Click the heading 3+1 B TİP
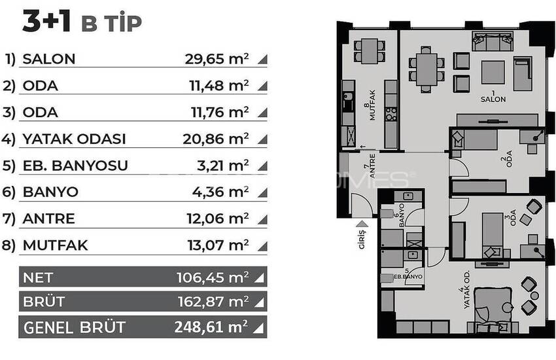pyautogui.click(x=82, y=22)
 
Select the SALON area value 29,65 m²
pyautogui.click(x=217, y=59)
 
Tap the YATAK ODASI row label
pyautogui.click(x=74, y=139)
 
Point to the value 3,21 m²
pyautogui.click(x=217, y=166)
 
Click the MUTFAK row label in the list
pyautogui.click(x=55, y=245)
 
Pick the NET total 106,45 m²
pyautogui.click(x=212, y=278)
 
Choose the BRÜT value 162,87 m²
pyautogui.click(x=212, y=302)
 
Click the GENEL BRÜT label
pyautogui.click(x=74, y=327)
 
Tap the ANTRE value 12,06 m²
pyautogui.click(x=217, y=219)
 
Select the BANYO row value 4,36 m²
pyautogui.click(x=217, y=192)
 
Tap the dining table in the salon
pyautogui.click(x=426, y=69)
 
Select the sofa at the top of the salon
pyautogui.click(x=494, y=43)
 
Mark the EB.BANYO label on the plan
pyautogui.click(x=408, y=276)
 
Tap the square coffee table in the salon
pyautogui.click(x=493, y=72)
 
